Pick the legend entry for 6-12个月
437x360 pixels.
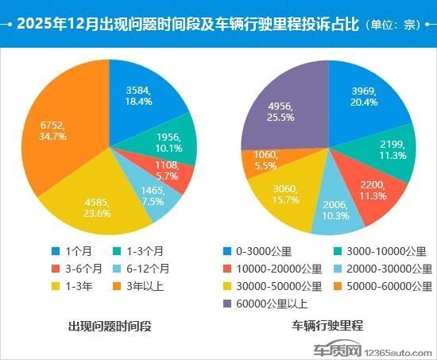coord(154,268)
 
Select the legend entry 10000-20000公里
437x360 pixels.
coord(278,268)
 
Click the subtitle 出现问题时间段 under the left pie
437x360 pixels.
coord(110,326)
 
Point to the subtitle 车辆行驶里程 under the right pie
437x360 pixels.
coord(327,326)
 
